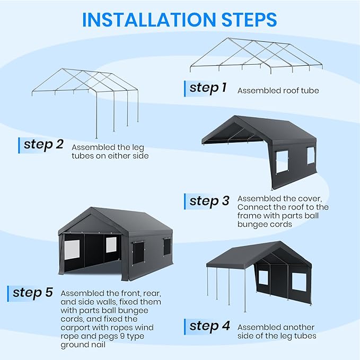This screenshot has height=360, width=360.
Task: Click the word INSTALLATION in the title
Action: click(147, 19)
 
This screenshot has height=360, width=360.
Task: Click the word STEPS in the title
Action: click(245, 19)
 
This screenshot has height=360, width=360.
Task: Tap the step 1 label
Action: click(208, 88)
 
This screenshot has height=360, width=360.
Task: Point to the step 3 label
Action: click(209, 201)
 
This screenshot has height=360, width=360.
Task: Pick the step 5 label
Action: click(32, 292)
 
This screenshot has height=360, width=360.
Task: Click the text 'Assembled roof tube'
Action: click(278, 91)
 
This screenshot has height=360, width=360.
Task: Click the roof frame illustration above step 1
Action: click(256, 56)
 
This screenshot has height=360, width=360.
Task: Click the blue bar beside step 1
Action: click(185, 88)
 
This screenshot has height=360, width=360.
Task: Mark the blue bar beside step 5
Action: click(8, 293)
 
